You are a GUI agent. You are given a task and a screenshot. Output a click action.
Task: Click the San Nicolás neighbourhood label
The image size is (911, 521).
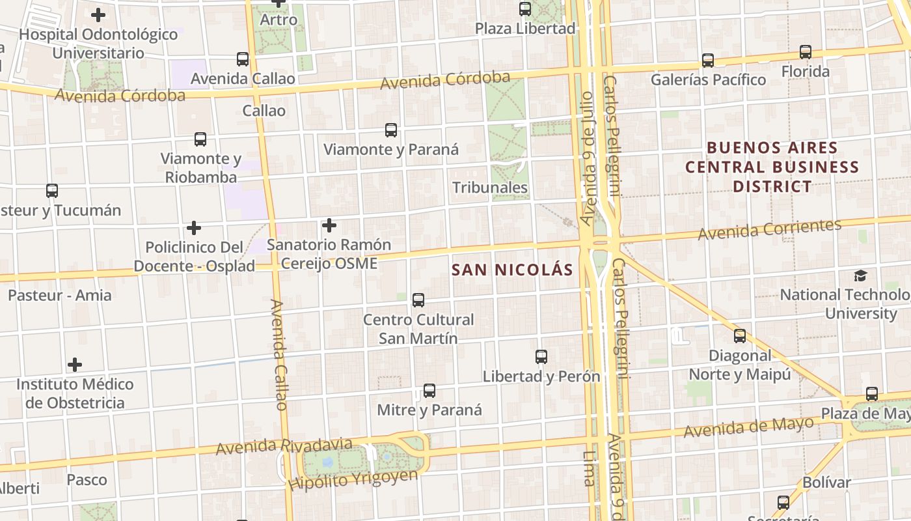512,270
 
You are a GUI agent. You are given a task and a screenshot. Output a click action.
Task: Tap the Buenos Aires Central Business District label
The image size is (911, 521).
772,167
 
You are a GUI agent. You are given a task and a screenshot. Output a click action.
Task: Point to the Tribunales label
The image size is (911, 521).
490,188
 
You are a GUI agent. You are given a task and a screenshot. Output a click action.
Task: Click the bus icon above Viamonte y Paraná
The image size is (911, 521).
391,130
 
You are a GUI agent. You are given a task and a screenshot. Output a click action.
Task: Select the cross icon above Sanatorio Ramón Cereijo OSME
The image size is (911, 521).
329,225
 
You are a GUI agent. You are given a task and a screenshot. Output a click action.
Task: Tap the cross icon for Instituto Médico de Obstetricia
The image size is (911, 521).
75,364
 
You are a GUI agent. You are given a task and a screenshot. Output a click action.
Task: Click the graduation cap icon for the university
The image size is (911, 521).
860,275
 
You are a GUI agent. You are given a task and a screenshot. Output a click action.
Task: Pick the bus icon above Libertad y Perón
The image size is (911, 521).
541,357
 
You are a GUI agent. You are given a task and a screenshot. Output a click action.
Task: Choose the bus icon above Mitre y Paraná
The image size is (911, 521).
429,391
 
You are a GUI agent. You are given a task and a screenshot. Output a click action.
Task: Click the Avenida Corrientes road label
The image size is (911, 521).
769,229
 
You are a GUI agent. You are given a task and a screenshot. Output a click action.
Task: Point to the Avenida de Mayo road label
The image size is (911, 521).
748,427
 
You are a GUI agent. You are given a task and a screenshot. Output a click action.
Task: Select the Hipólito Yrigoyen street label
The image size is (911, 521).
353,479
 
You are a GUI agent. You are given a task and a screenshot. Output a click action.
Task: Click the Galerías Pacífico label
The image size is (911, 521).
709,79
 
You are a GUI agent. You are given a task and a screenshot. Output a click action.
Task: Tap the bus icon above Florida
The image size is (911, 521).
806,52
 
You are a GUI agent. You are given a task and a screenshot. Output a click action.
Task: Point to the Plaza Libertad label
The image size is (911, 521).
525,29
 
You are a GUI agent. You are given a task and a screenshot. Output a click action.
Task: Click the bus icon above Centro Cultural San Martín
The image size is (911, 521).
418,300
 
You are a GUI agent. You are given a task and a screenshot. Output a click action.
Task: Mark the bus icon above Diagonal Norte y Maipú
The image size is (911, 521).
740,336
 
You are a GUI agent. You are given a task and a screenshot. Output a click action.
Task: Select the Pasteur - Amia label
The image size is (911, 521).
60,295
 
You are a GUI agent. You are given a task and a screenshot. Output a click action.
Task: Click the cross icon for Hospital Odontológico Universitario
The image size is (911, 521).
98,14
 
